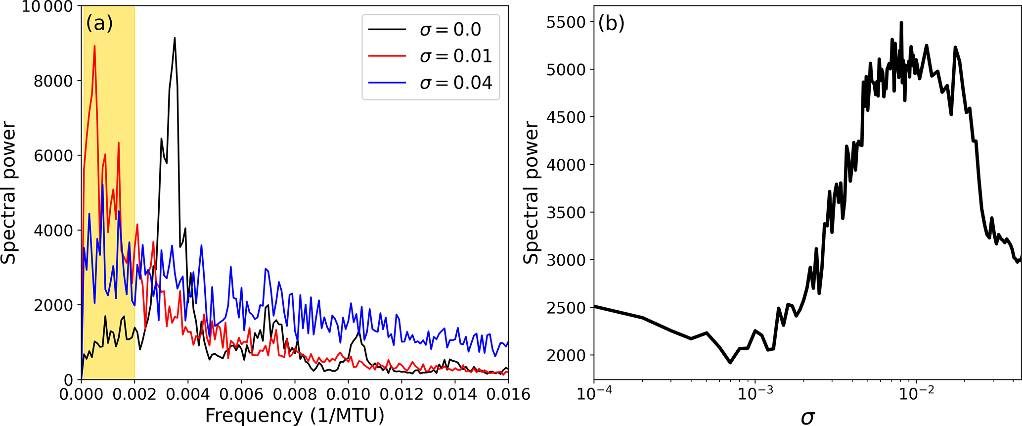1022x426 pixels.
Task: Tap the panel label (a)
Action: pyautogui.click(x=99, y=23)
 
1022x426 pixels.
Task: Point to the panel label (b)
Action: pyautogui.click(x=611, y=23)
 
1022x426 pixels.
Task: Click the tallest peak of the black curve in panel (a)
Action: pyautogui.click(x=175, y=38)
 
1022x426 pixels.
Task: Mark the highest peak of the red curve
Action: pyautogui.click(x=94, y=46)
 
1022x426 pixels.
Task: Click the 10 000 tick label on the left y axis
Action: pyautogui.click(x=47, y=7)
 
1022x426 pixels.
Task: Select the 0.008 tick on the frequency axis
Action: pyautogui.click(x=295, y=394)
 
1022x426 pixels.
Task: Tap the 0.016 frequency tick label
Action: pyautogui.click(x=508, y=394)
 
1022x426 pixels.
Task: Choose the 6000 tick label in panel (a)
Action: pyautogui.click(x=53, y=156)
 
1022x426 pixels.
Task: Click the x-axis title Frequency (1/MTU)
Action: pyautogui.click(x=295, y=416)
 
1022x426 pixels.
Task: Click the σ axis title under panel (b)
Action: pyautogui.click(x=807, y=417)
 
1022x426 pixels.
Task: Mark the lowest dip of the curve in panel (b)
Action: pyautogui.click(x=730, y=363)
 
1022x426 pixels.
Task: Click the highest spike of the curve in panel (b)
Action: pyautogui.click(x=901, y=23)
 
